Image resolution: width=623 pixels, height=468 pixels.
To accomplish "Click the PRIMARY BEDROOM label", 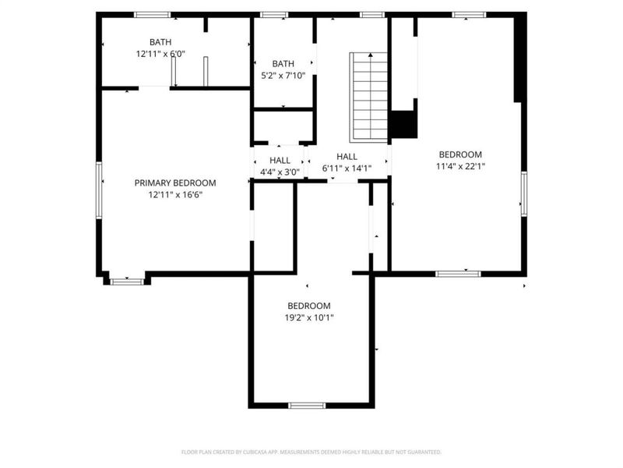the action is click(175, 183).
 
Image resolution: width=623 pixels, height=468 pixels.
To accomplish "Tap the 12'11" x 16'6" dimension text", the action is click(175, 195).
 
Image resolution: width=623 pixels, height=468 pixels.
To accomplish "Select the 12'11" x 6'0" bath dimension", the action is click(160, 54).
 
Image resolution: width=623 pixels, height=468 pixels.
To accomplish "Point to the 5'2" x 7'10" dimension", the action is click(283, 76).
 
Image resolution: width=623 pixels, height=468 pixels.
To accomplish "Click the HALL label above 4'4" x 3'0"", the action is click(280, 161).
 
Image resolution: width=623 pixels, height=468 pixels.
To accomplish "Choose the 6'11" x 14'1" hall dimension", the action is click(347, 168).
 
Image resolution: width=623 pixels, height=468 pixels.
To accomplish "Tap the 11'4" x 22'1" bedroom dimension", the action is click(460, 166).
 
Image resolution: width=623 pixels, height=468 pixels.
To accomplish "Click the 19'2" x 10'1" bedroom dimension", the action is click(309, 317).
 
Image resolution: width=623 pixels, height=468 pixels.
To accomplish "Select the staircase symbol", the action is click(368, 97).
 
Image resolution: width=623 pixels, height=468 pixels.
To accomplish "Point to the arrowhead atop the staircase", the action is click(371, 55).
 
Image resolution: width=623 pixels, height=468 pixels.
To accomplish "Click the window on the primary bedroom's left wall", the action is click(99, 190).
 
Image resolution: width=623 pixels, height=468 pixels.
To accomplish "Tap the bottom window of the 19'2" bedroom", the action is click(307, 406).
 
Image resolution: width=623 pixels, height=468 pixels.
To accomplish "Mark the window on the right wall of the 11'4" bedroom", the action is click(524, 193).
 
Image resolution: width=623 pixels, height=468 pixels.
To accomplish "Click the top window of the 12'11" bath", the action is click(152, 15).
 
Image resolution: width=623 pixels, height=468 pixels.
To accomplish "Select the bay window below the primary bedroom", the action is click(127, 282).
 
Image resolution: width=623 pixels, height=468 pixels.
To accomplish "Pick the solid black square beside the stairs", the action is click(403, 125).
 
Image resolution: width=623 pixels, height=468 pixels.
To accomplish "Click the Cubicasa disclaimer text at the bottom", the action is click(311, 452).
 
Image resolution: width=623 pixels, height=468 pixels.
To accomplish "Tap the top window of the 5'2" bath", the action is click(274, 15).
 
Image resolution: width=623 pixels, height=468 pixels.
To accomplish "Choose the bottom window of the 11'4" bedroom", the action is click(458, 274).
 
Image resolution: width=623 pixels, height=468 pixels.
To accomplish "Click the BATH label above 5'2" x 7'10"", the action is click(283, 64).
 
